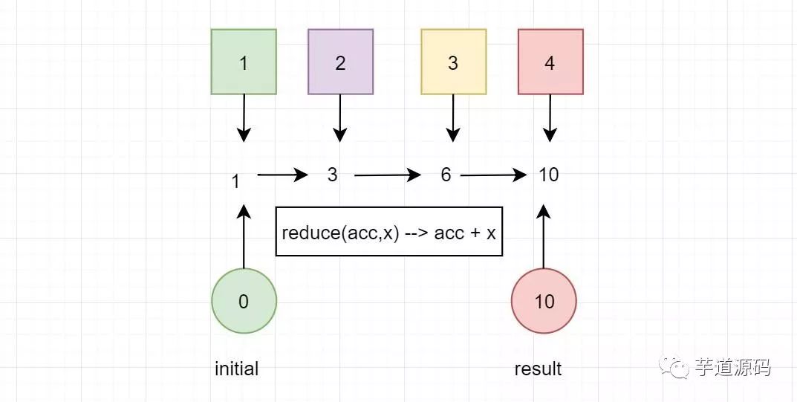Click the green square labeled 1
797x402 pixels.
click(x=244, y=62)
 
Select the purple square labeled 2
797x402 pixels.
click(x=340, y=62)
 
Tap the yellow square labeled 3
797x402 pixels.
click(x=453, y=62)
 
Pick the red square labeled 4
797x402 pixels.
click(x=550, y=62)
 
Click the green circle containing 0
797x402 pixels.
click(x=244, y=301)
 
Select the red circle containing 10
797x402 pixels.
click(x=544, y=301)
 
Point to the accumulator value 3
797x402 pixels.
click(x=332, y=175)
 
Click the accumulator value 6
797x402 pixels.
click(x=446, y=175)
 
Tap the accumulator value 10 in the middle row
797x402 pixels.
click(x=548, y=175)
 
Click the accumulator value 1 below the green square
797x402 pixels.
click(x=236, y=181)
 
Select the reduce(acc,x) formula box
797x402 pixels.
click(x=389, y=231)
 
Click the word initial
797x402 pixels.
click(x=236, y=369)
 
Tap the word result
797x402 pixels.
click(x=538, y=369)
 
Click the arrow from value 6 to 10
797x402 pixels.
click(x=493, y=175)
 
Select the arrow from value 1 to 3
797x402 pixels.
click(x=282, y=175)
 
